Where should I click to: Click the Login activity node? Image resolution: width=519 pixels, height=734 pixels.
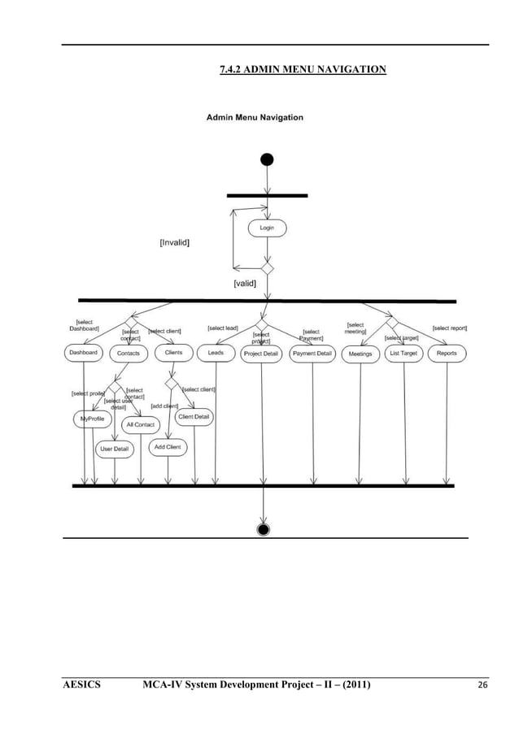267,228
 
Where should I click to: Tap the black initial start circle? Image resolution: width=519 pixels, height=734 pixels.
267,159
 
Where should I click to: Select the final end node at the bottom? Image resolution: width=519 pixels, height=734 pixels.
263,530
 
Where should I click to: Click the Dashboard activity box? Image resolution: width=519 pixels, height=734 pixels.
83,353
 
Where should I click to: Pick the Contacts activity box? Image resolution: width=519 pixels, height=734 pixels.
129,354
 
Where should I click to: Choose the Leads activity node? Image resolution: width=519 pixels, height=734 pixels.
216,353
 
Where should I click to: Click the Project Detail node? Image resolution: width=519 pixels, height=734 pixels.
261,354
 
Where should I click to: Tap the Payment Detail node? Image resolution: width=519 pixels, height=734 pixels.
312,354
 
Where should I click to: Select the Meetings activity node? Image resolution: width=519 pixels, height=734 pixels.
360,354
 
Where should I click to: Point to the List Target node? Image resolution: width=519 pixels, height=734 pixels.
403,354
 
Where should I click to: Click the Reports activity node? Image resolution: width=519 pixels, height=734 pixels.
447,354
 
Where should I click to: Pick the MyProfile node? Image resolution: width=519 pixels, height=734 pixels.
92,419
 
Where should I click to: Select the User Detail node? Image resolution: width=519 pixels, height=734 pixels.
115,449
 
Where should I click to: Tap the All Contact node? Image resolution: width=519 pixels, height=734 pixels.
140,424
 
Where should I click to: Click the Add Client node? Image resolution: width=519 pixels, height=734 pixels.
168,447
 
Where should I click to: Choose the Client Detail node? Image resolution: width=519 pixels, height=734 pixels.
194,417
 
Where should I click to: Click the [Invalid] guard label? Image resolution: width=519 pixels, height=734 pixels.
175,242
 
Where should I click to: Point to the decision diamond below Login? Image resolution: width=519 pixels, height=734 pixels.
267,267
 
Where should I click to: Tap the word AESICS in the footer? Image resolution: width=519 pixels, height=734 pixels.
81,686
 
